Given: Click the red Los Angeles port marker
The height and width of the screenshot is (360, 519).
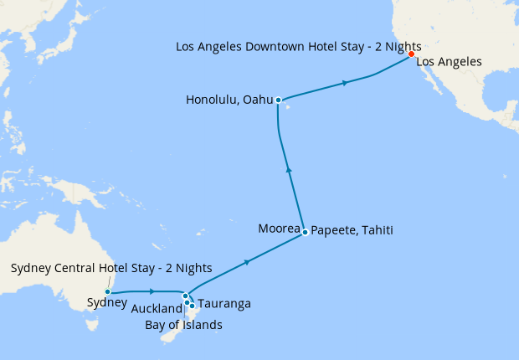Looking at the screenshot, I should point(411,54).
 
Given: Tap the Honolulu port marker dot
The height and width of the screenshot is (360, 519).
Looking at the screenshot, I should point(278,100).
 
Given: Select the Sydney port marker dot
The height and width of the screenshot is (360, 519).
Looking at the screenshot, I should point(108,292).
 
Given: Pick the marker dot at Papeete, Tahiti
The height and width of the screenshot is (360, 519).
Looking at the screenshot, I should point(306,232).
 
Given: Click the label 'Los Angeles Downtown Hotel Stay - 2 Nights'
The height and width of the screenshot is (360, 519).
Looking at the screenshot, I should point(298,46).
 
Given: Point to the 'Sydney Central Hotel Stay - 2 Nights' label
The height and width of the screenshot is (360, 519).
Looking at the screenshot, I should point(111,268).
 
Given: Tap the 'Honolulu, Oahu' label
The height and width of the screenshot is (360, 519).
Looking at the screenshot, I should point(230,100).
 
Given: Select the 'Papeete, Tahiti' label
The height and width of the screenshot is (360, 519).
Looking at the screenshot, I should point(352,229).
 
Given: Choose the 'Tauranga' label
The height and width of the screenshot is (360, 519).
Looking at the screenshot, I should point(225,304).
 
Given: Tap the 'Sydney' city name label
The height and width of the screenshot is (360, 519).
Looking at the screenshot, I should point(108,303).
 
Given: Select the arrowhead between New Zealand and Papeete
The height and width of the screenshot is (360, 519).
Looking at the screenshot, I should point(247,263).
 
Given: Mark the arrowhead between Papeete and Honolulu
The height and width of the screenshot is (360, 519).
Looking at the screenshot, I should point(289,169).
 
